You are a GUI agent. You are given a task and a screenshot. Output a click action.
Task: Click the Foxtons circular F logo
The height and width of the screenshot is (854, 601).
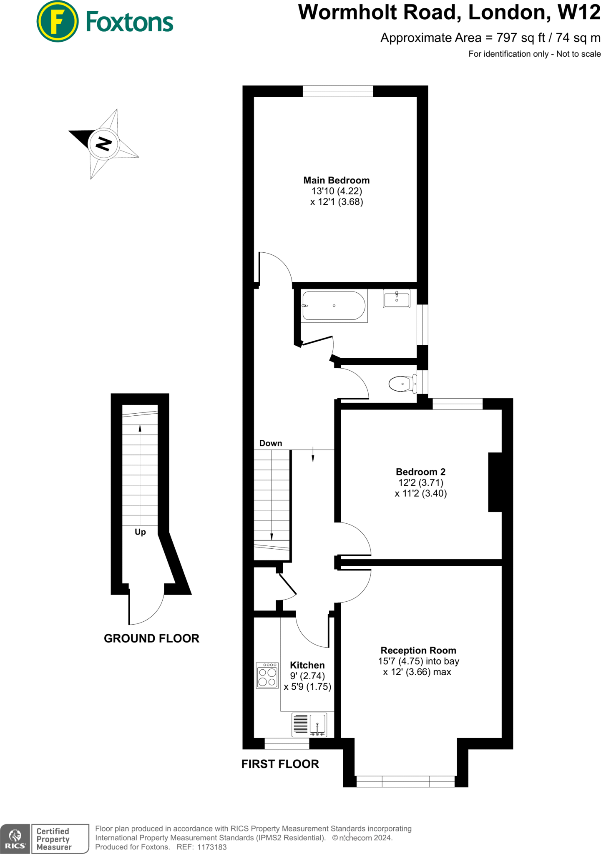point(57,22)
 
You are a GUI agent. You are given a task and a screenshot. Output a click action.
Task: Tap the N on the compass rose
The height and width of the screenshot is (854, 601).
point(103,144)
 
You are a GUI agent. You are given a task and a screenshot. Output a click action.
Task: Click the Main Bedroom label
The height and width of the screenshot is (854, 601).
point(336,180)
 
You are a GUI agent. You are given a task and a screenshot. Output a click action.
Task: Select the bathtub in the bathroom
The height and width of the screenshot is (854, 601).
point(334,306)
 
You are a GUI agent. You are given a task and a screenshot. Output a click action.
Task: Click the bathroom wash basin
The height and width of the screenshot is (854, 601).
point(396,299)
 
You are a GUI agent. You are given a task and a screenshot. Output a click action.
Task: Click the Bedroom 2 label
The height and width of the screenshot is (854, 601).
point(420,472)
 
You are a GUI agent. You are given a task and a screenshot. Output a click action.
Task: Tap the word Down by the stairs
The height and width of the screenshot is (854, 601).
point(271,443)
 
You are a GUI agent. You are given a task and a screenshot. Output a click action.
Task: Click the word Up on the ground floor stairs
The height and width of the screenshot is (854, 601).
point(140,532)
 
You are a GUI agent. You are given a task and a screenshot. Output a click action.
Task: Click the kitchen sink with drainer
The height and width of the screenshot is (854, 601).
point(309,724)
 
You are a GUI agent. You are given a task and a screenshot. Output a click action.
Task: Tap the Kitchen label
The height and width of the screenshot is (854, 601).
point(307,665)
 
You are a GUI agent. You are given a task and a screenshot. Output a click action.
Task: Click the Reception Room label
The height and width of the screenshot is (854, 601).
point(418,650)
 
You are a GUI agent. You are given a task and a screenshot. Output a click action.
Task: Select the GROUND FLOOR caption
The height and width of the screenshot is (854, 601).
point(151,638)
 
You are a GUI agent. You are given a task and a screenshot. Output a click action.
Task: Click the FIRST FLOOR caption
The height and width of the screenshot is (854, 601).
point(280,764)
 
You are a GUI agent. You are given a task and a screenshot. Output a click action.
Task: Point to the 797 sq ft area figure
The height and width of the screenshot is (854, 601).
point(521,38)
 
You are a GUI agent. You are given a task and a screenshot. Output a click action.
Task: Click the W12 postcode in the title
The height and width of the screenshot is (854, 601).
point(579,13)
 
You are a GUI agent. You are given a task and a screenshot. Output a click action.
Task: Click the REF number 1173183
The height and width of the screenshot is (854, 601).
point(211,847)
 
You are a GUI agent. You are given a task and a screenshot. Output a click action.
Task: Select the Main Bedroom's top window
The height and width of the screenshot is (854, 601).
point(337,91)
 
